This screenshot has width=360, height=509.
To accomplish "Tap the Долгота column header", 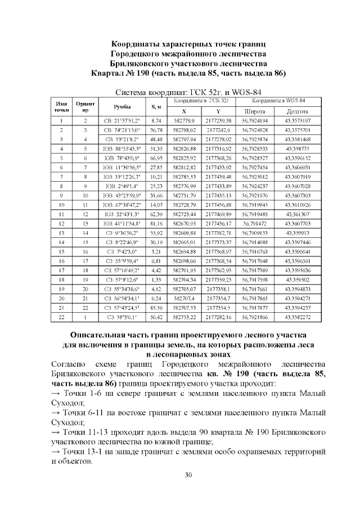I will (296, 111).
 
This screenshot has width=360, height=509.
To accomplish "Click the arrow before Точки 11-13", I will (55, 434).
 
